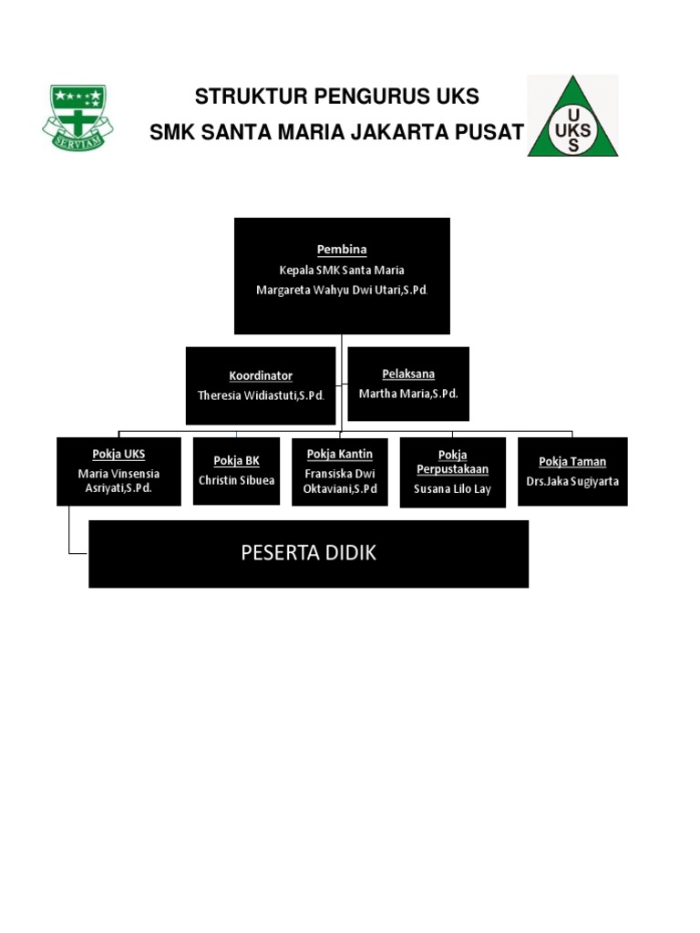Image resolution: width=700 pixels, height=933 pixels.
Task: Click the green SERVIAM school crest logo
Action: coord(77,116)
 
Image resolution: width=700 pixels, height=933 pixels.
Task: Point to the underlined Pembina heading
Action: coord(342,249)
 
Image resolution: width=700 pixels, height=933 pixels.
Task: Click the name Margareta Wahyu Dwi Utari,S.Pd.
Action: coord(342,290)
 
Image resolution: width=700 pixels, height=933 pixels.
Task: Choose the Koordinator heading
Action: coord(261,375)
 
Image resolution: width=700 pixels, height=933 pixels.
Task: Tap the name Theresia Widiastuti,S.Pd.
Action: coord(261,395)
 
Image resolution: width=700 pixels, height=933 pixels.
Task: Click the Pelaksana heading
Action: coord(408,374)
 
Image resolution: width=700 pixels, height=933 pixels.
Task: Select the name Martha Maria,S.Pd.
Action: coord(408,394)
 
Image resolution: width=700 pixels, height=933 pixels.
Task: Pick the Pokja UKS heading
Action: coord(118,454)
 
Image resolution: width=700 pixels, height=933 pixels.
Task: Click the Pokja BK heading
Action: coord(236,461)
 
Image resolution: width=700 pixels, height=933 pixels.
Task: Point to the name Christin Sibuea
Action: coord(236,480)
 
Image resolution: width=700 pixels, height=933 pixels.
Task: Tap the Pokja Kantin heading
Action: coord(340,454)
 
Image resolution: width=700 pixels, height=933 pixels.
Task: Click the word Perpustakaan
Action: coord(453,469)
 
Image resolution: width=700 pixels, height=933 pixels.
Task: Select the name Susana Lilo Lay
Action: coord(453,489)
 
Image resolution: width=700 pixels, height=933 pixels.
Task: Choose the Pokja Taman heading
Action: coord(572,462)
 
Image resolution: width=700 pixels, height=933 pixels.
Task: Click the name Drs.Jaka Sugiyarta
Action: coord(572,480)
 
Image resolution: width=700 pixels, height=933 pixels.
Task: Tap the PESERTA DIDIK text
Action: coord(308,553)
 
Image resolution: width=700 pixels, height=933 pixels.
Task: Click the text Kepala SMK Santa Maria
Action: coord(342,270)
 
